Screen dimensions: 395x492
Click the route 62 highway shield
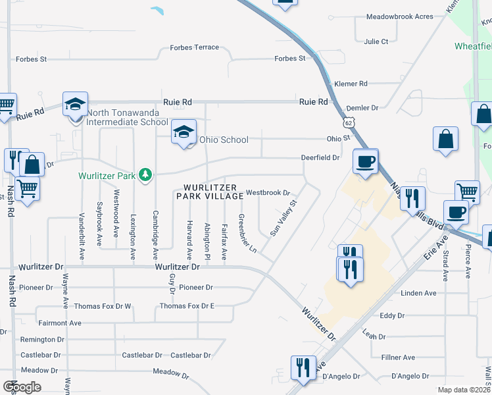(347, 122)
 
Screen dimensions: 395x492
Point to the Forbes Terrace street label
(194, 48)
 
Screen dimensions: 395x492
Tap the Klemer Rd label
(351, 84)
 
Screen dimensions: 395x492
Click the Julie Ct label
(376, 41)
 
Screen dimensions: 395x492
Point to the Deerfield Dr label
(320, 158)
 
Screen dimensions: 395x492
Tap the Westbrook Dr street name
(268, 194)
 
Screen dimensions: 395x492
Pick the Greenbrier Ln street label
(248, 234)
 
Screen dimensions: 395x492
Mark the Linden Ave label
(418, 293)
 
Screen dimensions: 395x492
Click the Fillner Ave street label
(399, 357)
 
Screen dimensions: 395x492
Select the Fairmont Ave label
(60, 323)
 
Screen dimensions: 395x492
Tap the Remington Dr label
(42, 340)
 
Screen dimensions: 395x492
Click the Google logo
(22, 387)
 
